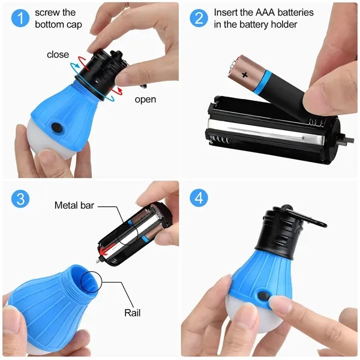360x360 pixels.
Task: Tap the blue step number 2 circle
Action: [x=199, y=18]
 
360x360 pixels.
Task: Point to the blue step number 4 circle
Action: [x=199, y=199]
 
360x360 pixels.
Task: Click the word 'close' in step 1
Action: [x=58, y=55]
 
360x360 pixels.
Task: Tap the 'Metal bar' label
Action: [x=74, y=205]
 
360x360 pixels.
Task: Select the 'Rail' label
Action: [x=133, y=313]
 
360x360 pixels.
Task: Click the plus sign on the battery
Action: [x=244, y=76]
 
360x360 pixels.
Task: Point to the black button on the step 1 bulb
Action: [x=58, y=127]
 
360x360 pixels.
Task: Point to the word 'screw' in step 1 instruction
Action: [x=48, y=13]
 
